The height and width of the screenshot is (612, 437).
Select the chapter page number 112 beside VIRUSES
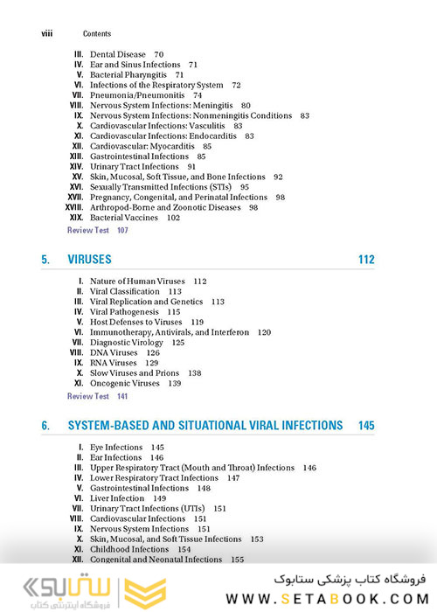point(365,260)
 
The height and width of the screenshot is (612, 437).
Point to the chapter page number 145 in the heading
point(365,426)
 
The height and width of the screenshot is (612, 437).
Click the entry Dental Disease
point(118,54)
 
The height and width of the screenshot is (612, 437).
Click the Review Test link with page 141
point(88,396)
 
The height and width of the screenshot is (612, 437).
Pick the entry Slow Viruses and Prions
point(138,372)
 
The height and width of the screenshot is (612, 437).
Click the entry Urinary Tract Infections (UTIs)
point(146,508)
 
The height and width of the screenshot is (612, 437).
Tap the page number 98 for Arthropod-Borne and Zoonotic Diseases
point(253,207)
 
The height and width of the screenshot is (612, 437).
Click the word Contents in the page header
point(95,33)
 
